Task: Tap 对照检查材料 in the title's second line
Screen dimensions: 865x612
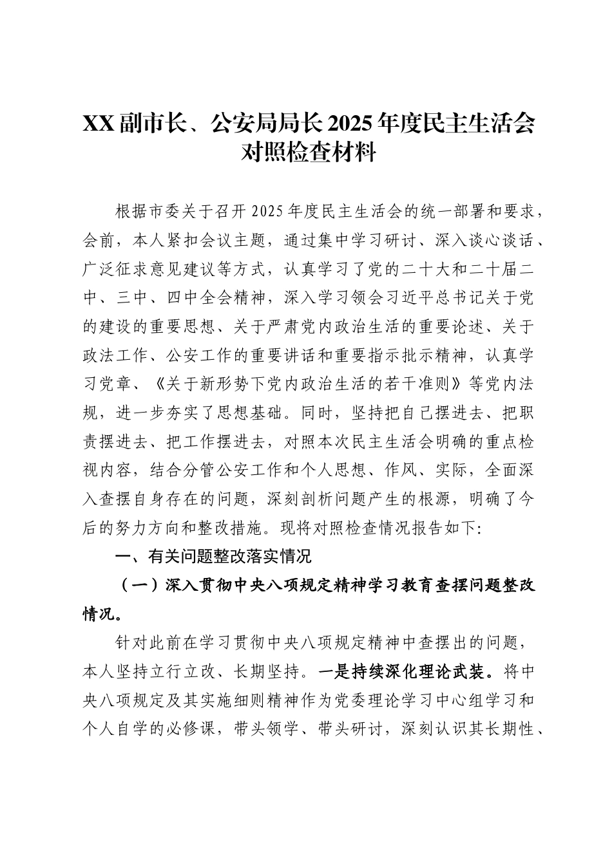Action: pos(307,153)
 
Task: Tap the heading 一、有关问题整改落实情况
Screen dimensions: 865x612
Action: pos(212,555)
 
